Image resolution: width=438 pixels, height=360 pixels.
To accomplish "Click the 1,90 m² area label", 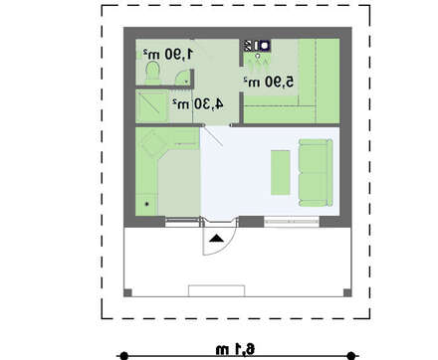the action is tap(168, 54).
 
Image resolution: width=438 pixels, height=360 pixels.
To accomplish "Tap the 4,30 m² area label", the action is tap(197, 104).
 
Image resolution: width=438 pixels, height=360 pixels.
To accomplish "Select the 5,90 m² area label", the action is tap(269, 82).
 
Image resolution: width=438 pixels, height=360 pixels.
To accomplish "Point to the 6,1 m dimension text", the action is tap(235, 349).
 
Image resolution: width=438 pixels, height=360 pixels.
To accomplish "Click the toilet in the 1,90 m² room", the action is tap(153, 73).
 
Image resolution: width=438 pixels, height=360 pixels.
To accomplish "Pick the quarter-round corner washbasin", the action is tap(182, 78).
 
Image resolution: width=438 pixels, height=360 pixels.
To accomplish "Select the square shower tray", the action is tap(151, 106).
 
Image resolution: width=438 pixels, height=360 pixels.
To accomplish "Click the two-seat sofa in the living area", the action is tap(316, 172).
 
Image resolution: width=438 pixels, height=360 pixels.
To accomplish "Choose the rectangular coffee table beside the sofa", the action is tap(281, 172).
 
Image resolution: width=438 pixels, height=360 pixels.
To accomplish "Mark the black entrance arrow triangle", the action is tap(216, 238).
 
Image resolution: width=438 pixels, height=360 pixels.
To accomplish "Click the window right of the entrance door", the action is tap(292, 221).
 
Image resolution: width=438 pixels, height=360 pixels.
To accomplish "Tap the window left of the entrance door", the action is tap(182, 222).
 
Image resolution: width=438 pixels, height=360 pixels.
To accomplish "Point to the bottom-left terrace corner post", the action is tap(127, 292).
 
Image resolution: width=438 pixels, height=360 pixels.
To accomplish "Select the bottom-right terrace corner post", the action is tap(347, 292).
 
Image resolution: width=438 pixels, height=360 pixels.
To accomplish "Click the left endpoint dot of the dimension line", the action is tap(123, 356).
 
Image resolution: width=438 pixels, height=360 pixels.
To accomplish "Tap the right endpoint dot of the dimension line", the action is tap(350, 356).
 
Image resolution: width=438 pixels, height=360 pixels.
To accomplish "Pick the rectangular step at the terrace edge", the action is tap(217, 290).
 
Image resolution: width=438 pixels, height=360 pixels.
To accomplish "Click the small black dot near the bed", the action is tap(147, 204).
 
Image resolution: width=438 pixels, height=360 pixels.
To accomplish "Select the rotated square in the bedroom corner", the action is tap(153, 144).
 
